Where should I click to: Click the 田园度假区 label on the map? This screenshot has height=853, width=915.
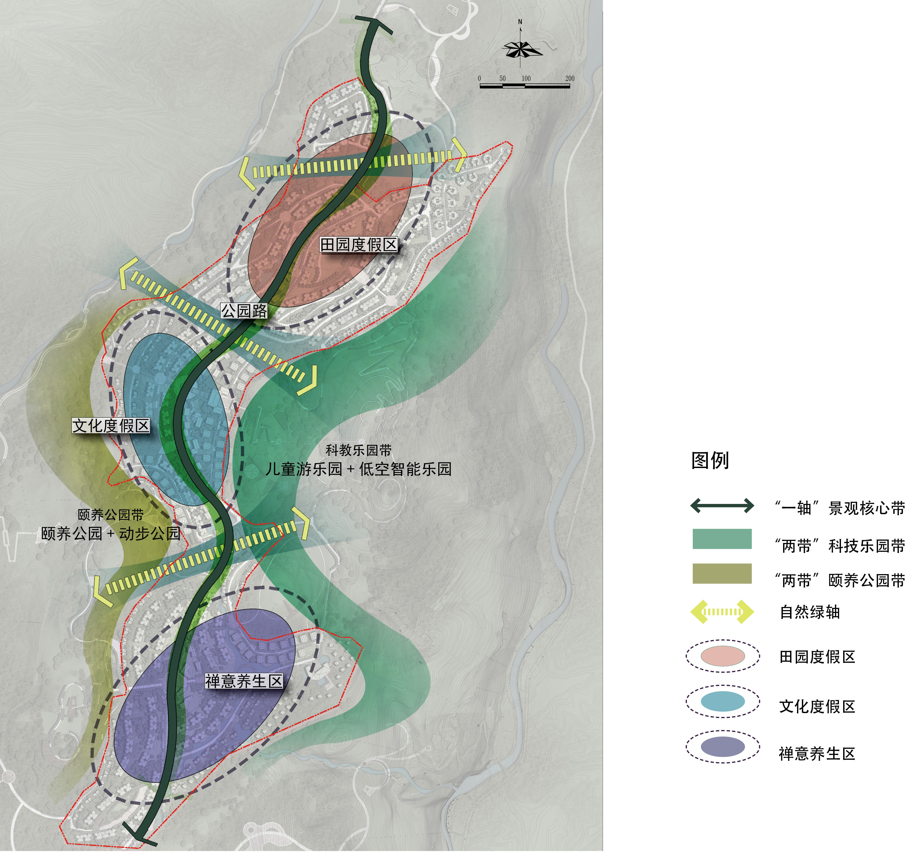click(358, 245)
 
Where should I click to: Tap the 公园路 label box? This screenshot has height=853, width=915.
click(244, 311)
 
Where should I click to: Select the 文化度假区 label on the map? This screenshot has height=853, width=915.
click(111, 425)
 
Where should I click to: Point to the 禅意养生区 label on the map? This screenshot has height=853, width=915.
click(243, 681)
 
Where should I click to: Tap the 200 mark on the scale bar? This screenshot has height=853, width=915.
click(570, 79)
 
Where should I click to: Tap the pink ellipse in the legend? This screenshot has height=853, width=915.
click(723, 656)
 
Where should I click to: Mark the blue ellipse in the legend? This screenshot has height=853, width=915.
click(723, 701)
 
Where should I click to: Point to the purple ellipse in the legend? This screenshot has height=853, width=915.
click(723, 747)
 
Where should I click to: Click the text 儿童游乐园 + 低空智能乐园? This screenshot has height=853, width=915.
click(358, 469)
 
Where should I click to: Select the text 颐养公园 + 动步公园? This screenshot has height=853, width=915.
click(110, 533)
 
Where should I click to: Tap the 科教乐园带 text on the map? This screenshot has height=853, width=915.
click(358, 450)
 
